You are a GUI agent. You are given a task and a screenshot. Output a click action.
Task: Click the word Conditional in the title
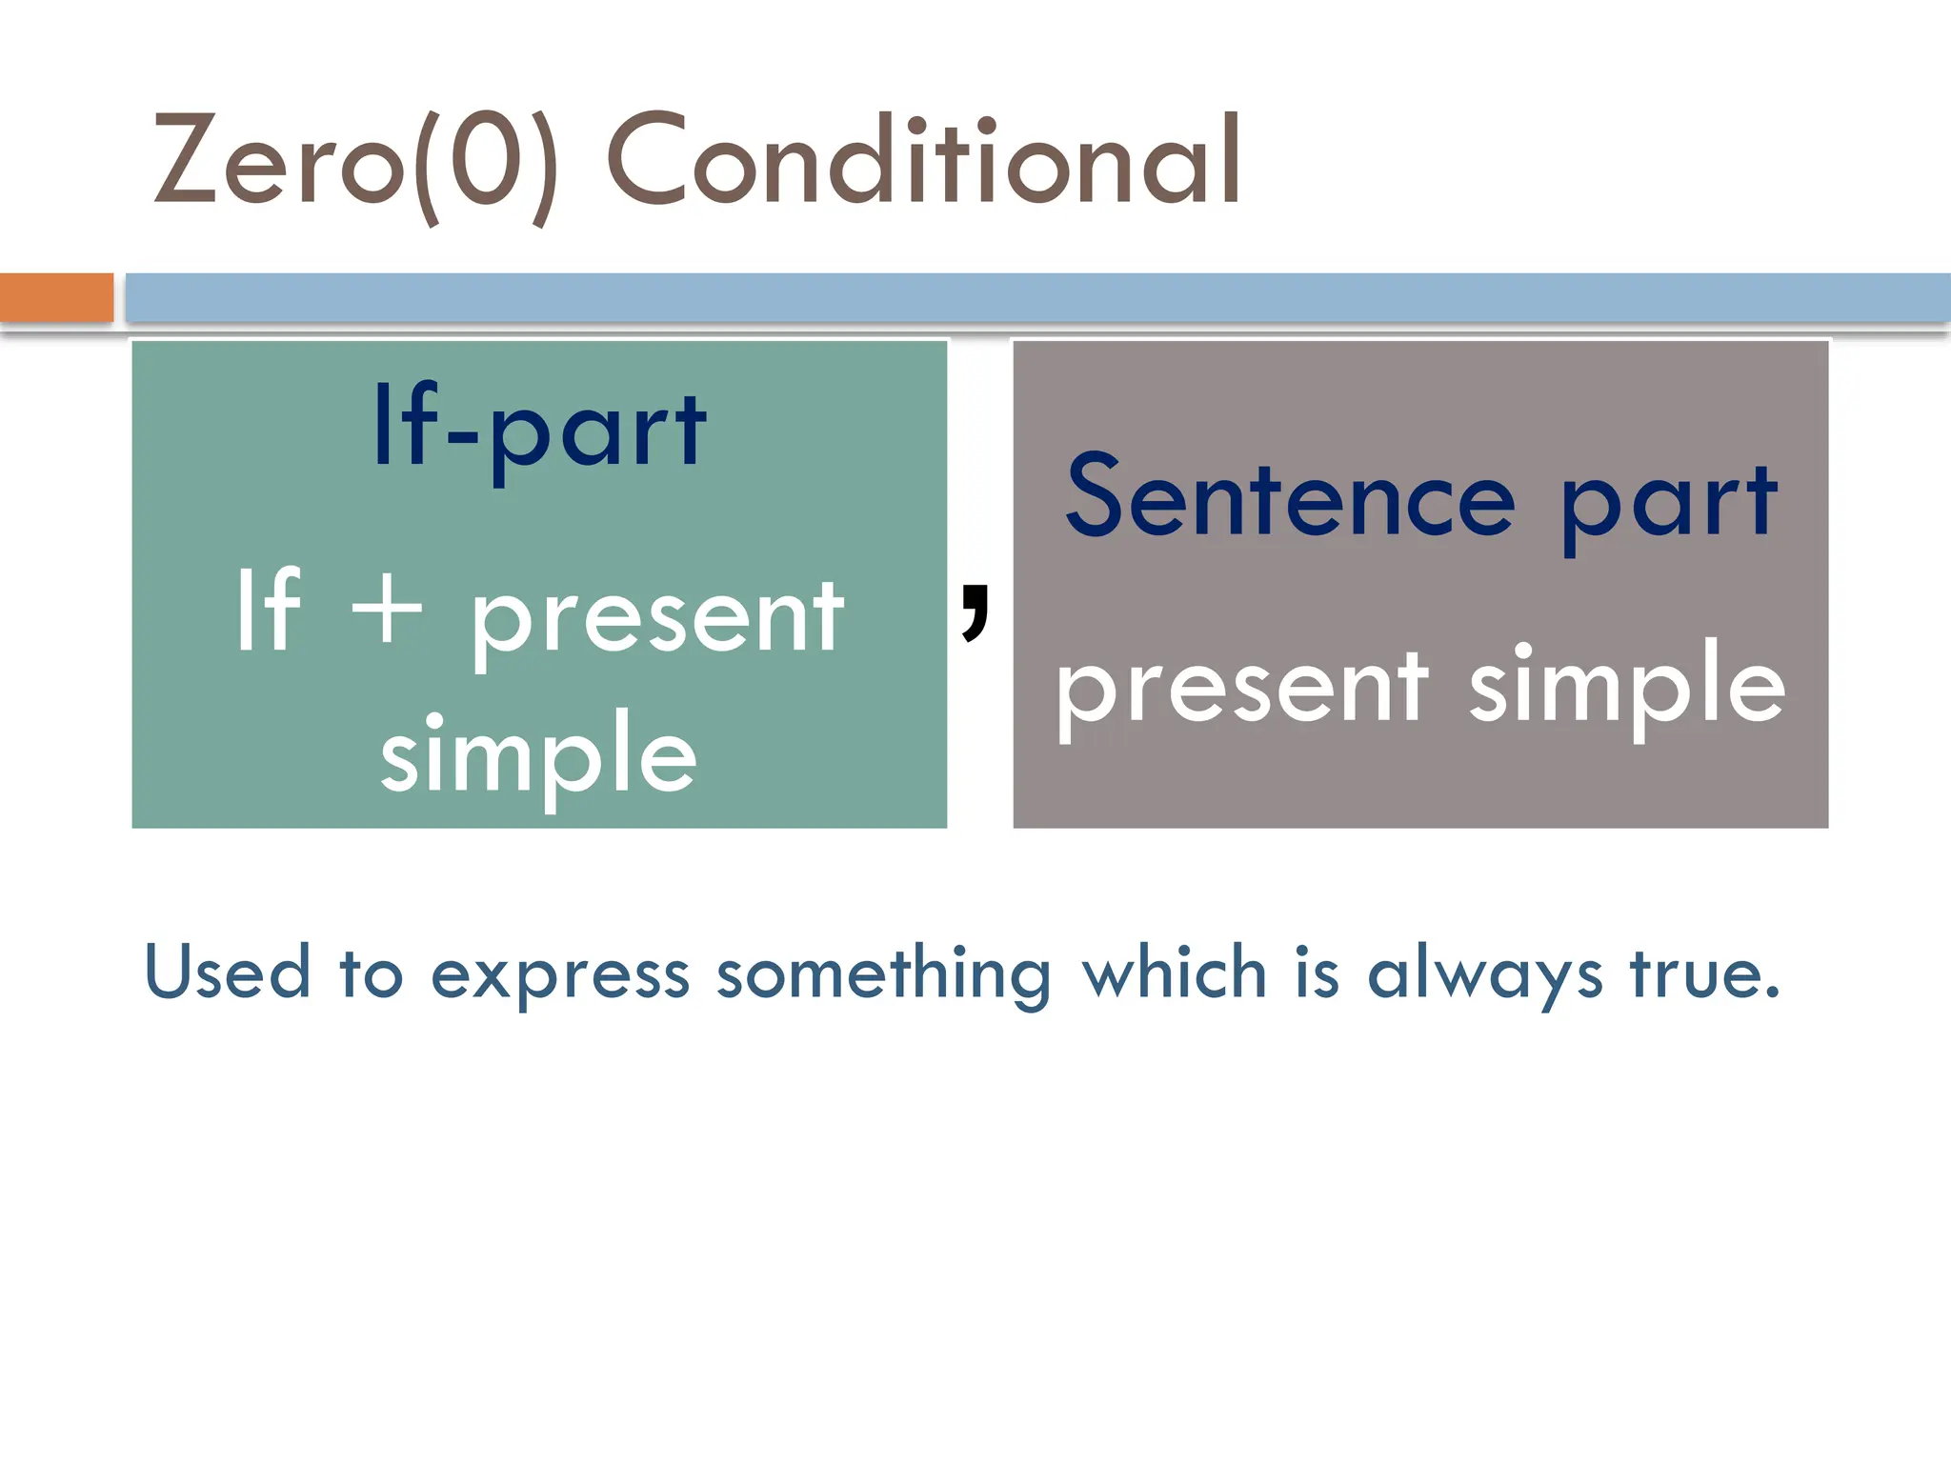(922, 160)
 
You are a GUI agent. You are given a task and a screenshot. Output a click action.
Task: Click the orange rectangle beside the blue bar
(56, 297)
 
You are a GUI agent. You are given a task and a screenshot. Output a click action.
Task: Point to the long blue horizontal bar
(1036, 297)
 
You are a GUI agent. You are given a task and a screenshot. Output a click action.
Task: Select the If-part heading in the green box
(539, 429)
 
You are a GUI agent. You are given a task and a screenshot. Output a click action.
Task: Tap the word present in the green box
(657, 619)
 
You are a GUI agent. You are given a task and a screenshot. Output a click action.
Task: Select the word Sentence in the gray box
(1291, 498)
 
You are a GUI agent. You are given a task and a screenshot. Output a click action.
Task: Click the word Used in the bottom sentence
(228, 972)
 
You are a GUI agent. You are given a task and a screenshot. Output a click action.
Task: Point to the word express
(559, 975)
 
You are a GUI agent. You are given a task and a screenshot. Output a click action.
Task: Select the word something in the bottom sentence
(883, 975)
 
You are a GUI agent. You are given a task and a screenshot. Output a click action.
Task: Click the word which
(1175, 972)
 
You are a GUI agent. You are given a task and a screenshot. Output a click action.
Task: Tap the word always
(1485, 975)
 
